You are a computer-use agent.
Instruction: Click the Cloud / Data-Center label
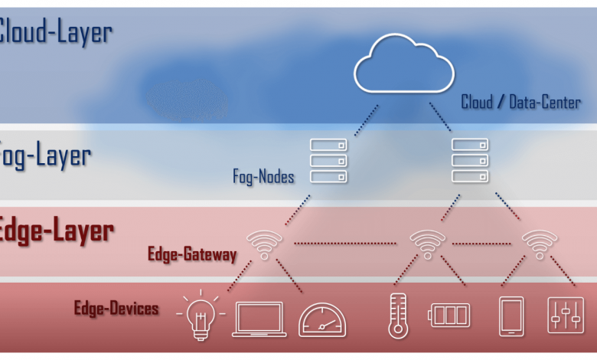click(x=520, y=102)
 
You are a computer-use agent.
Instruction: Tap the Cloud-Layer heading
click(x=55, y=33)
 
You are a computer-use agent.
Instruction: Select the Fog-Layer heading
click(x=46, y=155)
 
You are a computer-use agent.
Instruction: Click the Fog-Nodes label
click(x=263, y=177)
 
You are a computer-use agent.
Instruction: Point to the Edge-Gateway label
click(x=192, y=254)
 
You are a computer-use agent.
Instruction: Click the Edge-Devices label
click(x=116, y=309)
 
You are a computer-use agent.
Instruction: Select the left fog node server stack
click(x=328, y=161)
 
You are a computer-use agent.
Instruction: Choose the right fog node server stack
click(x=470, y=161)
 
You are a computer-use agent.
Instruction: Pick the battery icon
click(x=449, y=315)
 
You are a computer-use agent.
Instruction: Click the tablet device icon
click(x=511, y=316)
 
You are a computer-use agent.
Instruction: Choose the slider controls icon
click(x=565, y=315)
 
